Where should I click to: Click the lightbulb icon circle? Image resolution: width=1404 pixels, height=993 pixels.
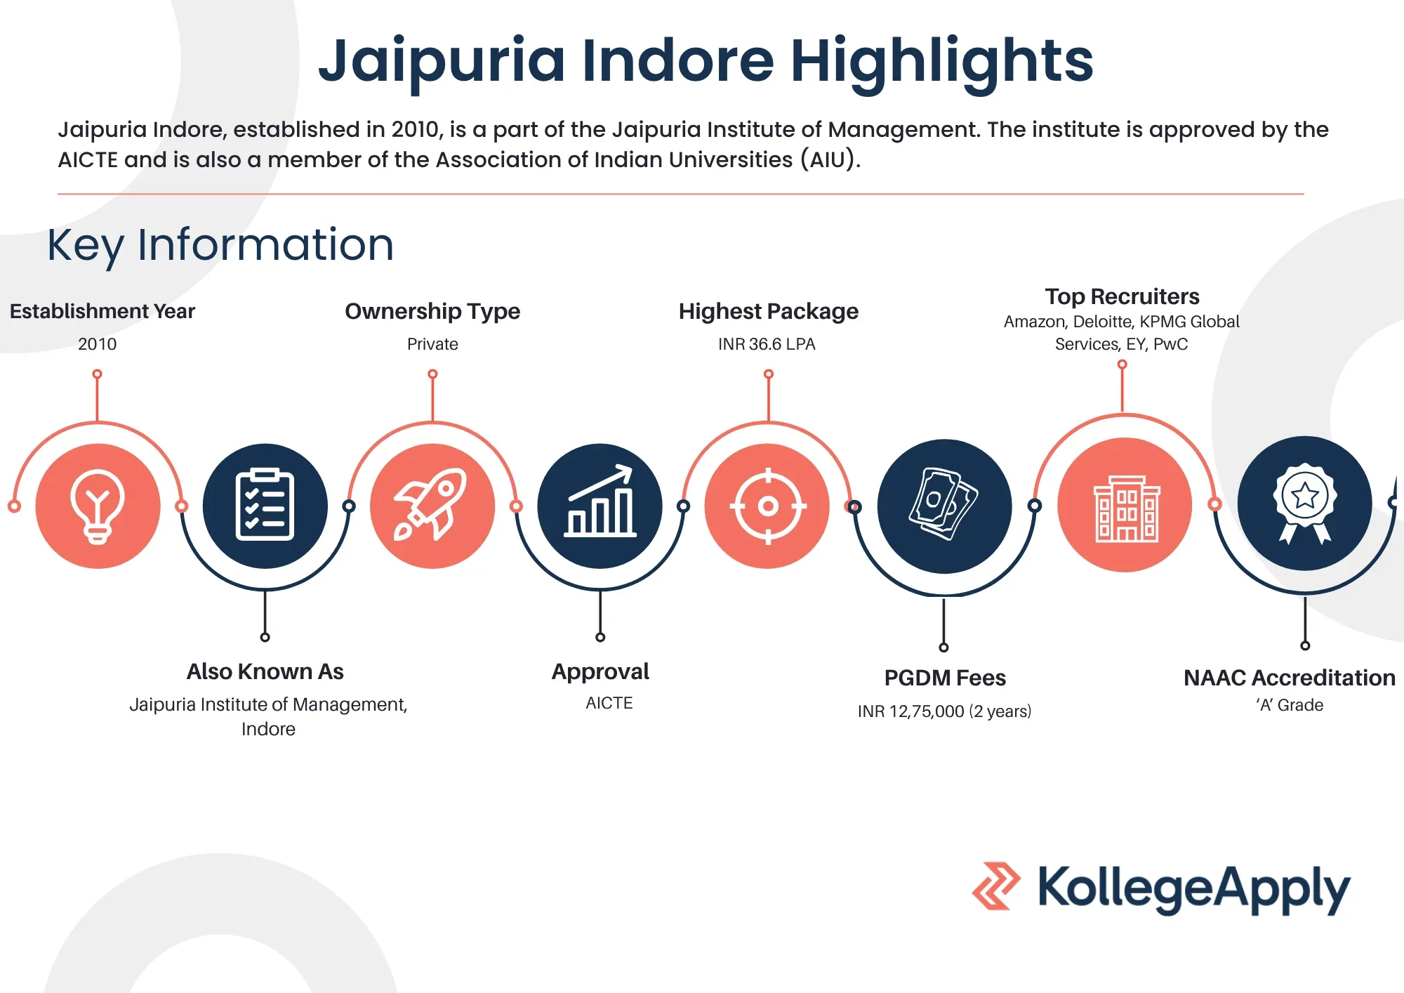(x=98, y=506)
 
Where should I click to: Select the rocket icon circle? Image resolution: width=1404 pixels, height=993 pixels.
(x=432, y=506)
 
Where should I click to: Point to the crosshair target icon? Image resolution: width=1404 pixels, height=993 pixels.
(x=768, y=506)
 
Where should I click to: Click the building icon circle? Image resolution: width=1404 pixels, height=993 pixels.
(x=1125, y=504)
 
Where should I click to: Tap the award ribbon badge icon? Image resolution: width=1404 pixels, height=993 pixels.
(x=1304, y=503)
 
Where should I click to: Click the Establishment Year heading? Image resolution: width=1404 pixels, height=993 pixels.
(x=102, y=311)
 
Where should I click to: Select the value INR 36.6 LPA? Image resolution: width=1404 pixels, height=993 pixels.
(x=767, y=344)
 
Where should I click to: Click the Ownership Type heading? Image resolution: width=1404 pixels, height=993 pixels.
(x=432, y=312)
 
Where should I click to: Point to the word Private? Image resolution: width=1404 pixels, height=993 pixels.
(x=432, y=344)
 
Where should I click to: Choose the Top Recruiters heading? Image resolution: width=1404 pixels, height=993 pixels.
(x=1122, y=297)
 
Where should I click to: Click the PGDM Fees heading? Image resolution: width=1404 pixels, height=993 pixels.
(x=945, y=678)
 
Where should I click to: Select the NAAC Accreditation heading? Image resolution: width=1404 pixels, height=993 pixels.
(x=1290, y=678)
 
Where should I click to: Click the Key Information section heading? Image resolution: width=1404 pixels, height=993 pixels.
(x=220, y=246)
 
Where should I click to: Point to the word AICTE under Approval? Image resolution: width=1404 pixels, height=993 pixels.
(x=609, y=703)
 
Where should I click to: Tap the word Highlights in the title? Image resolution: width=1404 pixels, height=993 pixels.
(x=942, y=62)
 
